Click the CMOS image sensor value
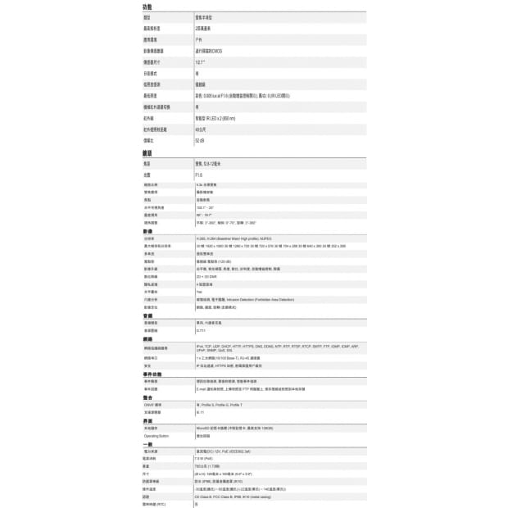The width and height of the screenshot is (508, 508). click(x=210, y=51)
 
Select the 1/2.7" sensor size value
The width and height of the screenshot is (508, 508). click(x=200, y=61)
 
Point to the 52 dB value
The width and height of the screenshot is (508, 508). click(x=200, y=141)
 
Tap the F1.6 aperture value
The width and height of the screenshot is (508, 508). click(x=199, y=175)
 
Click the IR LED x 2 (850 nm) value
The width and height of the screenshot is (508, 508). click(x=215, y=118)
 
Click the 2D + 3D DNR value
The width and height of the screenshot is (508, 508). click(x=206, y=276)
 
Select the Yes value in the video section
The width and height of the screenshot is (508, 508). click(x=199, y=292)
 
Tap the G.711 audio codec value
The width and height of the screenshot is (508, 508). click(x=201, y=330)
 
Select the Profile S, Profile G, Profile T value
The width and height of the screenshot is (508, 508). click(x=219, y=405)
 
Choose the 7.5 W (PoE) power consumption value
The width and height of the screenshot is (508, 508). click(x=205, y=459)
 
